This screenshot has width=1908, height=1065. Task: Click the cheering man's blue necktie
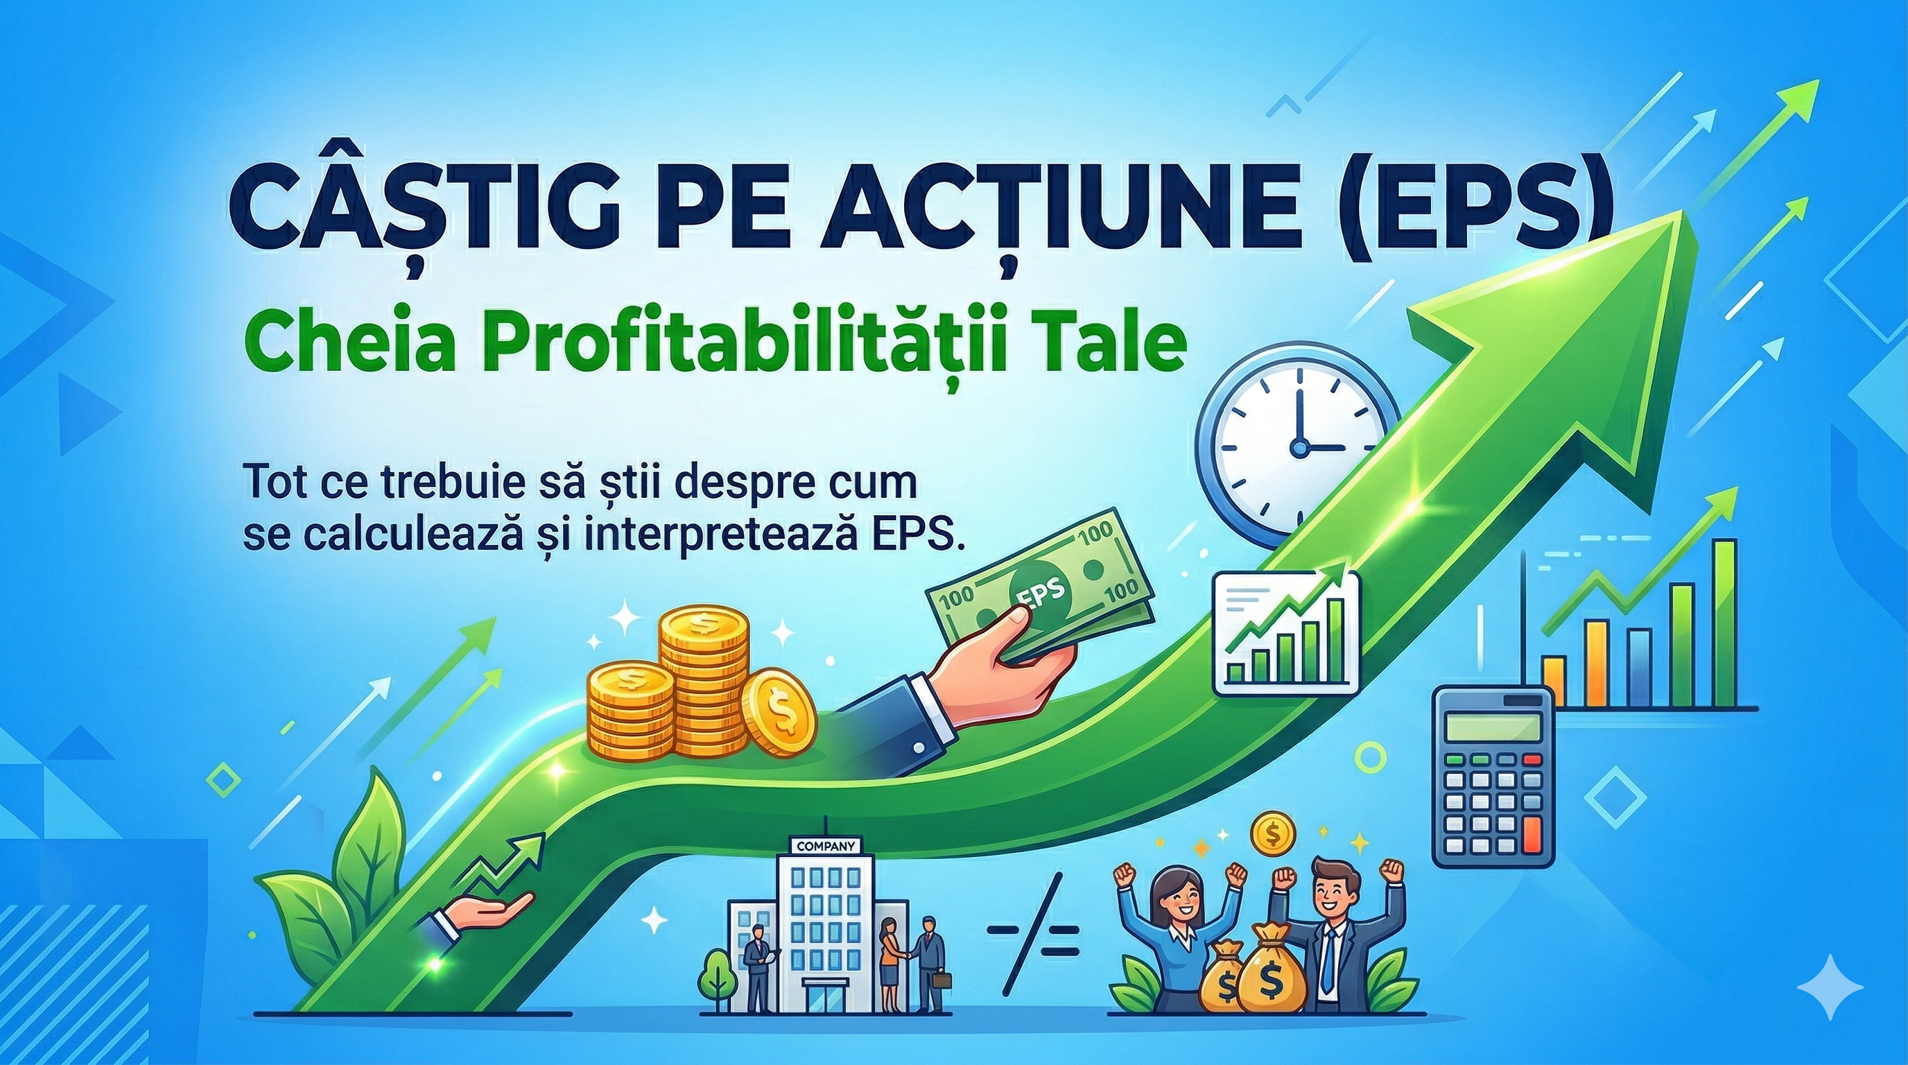coord(1330,955)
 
